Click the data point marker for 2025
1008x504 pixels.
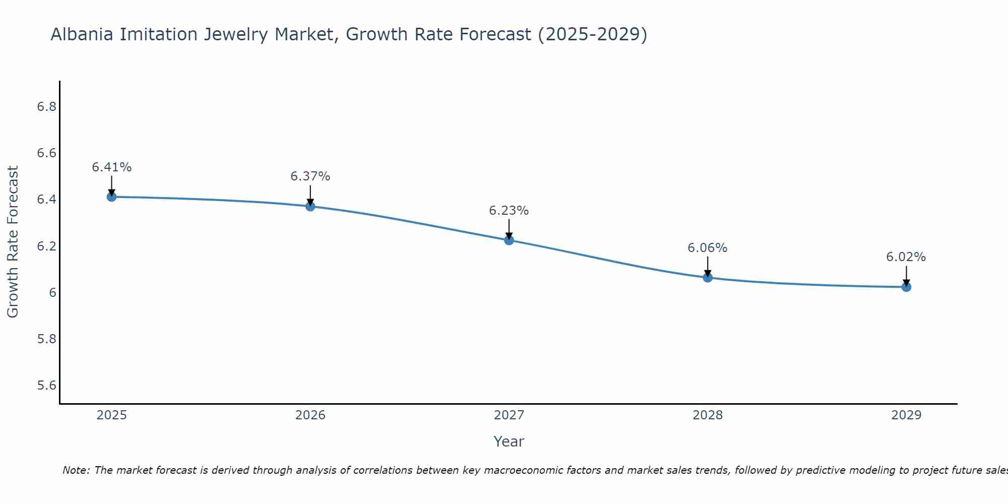pos(112,197)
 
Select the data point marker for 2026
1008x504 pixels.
pos(310,206)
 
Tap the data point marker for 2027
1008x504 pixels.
pos(509,240)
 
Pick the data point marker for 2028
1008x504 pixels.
pos(708,277)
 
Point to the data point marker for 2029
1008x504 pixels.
pos(906,287)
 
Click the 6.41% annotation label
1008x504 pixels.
pos(112,167)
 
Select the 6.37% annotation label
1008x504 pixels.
pos(310,176)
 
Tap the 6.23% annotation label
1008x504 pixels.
pos(509,211)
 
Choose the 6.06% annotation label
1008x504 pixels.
pos(708,248)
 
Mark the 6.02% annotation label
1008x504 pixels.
pos(906,257)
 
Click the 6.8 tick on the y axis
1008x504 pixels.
pos(46,107)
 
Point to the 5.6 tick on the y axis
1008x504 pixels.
pos(46,386)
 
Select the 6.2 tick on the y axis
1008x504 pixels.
pos(46,246)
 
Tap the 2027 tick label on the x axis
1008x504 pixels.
pos(509,415)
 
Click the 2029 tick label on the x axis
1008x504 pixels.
pos(906,415)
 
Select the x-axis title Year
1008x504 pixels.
pos(509,442)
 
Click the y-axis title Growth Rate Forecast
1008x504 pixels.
pos(13,242)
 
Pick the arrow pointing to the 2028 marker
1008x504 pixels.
pos(708,266)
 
